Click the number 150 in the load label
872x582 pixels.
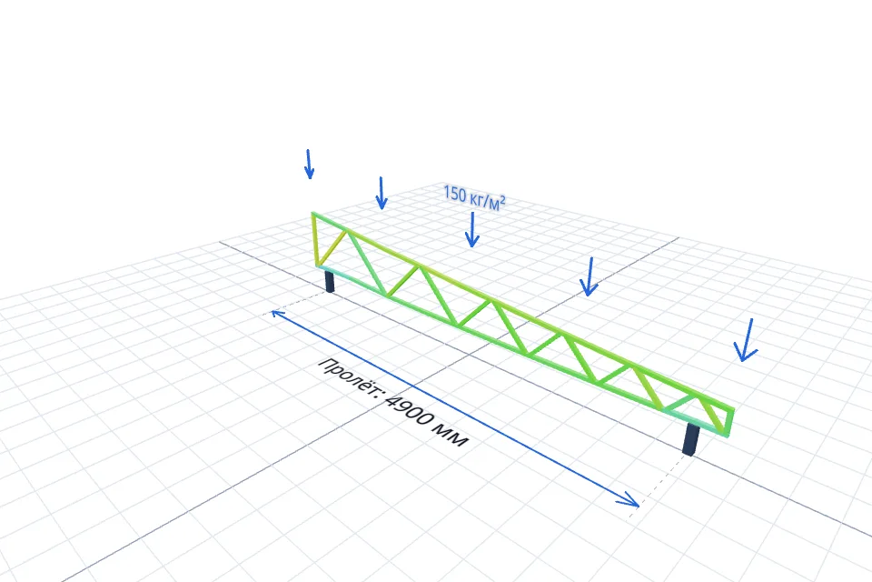(x=454, y=194)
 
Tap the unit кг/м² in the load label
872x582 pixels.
(x=487, y=201)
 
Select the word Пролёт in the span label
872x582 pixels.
(x=349, y=377)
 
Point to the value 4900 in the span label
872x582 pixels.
(x=410, y=414)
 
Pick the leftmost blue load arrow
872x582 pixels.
(x=309, y=165)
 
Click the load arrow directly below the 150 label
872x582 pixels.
(x=472, y=229)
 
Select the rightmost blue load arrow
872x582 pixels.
(x=747, y=340)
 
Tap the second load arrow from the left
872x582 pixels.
(x=381, y=194)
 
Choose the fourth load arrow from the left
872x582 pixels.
(x=589, y=276)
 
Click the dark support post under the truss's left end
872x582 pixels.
(x=329, y=281)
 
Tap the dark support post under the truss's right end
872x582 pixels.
(x=690, y=439)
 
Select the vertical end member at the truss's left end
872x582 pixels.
(x=315, y=239)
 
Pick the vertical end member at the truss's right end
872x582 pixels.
(x=730, y=423)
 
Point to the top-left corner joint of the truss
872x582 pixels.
(x=313, y=215)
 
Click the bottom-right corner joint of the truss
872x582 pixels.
(x=727, y=434)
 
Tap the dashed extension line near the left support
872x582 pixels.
(x=294, y=306)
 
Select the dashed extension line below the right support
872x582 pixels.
(x=660, y=486)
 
